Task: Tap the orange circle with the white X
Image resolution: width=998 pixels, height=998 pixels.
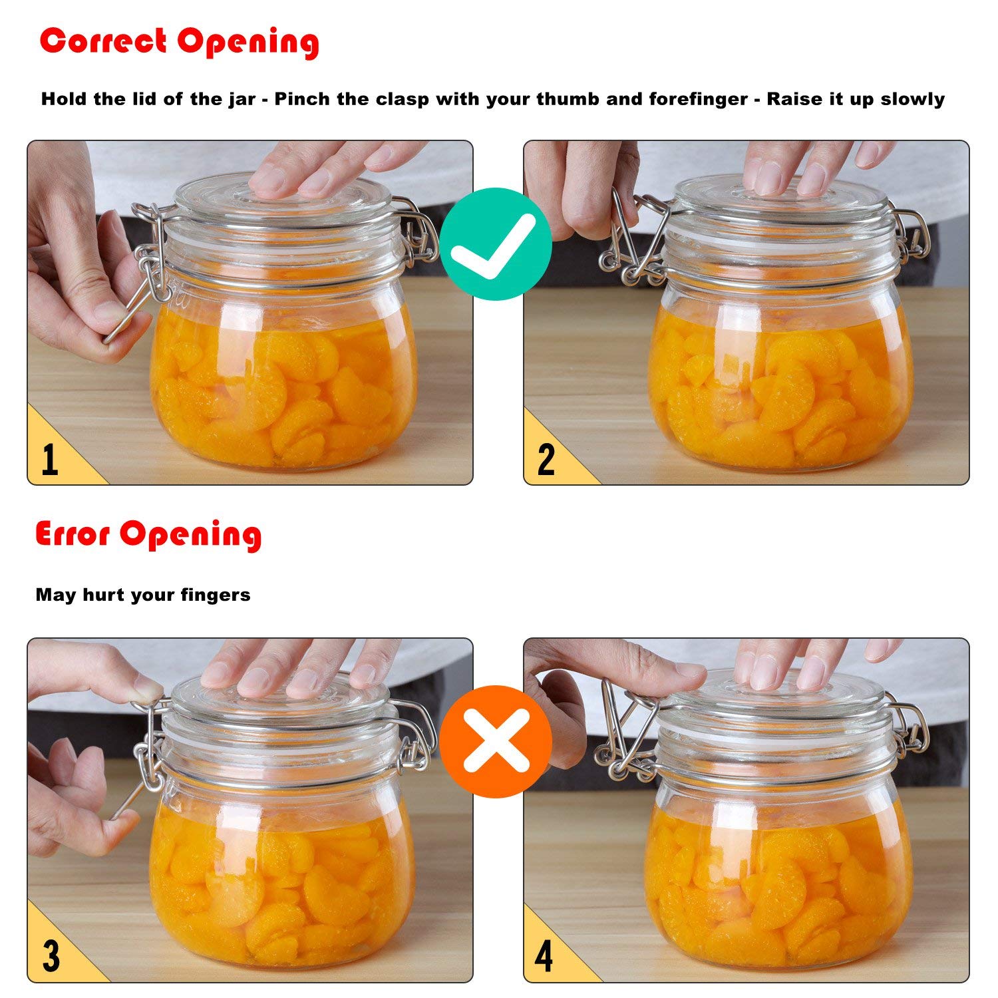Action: click(496, 741)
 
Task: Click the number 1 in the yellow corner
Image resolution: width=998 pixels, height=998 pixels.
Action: click(50, 459)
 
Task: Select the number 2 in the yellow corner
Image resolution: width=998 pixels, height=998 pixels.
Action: click(546, 459)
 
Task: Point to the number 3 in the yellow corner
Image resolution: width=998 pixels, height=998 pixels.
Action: click(51, 956)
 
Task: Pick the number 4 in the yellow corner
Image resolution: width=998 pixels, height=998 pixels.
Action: click(544, 956)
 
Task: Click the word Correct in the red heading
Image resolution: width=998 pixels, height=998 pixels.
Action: click(103, 41)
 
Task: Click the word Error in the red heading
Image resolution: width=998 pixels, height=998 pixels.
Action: click(73, 534)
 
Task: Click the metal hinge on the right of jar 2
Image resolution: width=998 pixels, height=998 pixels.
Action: click(912, 236)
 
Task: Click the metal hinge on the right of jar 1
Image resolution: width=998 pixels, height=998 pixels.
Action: click(418, 233)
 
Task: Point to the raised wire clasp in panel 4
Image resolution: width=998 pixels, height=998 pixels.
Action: click(622, 732)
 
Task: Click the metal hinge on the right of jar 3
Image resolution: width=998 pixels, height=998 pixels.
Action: click(416, 732)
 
